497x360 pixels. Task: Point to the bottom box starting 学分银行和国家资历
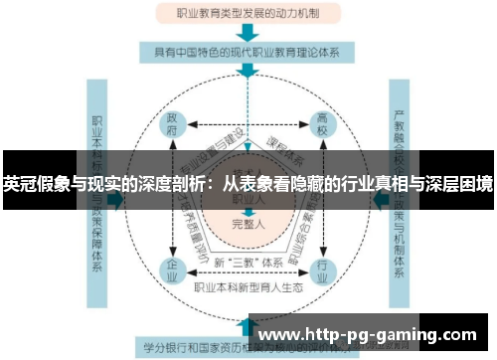click(199, 348)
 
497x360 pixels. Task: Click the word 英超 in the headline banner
click(19, 183)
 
